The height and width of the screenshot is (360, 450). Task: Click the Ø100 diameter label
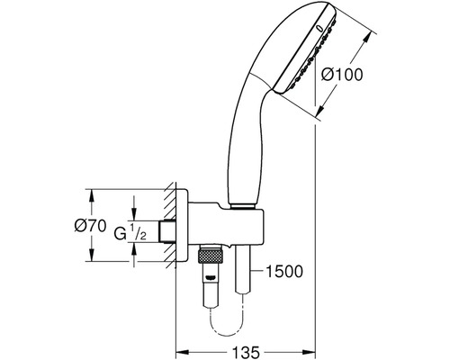click(342, 75)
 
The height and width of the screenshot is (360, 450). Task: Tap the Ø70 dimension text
click(90, 226)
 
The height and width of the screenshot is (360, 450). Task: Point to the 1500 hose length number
click(284, 272)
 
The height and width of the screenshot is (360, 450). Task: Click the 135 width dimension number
click(246, 352)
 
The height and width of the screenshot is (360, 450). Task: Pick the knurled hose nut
click(210, 256)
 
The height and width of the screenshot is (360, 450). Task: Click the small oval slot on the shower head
click(319, 29)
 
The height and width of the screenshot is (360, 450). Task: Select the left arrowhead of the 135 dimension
click(182, 352)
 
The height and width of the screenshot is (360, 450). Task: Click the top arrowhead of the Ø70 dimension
click(91, 195)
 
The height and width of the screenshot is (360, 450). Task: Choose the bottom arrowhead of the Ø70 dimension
click(91, 255)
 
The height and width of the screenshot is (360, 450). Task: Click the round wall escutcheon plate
click(182, 225)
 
